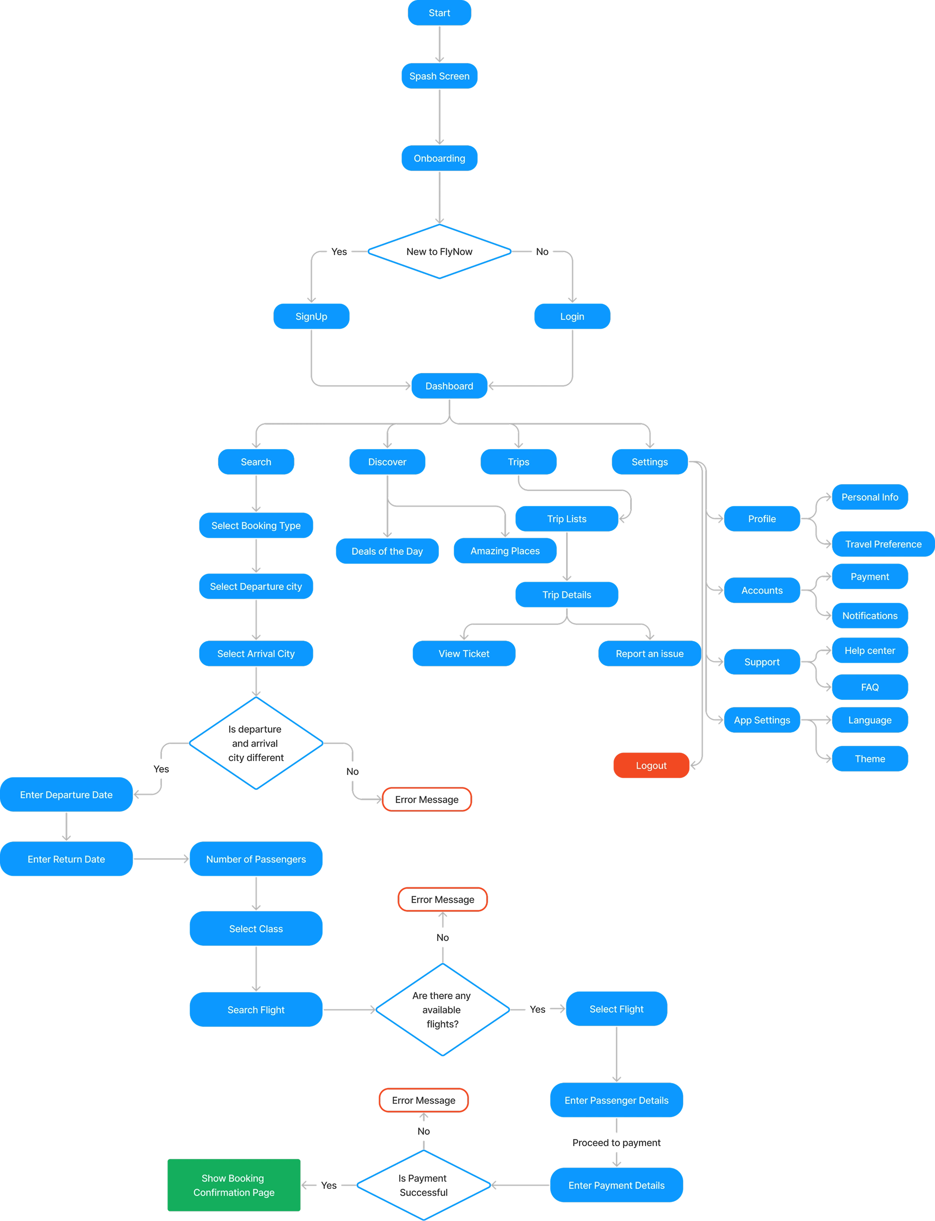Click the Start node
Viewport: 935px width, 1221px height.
coord(439,13)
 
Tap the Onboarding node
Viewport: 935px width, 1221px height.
coord(439,158)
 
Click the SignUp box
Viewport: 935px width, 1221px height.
coord(311,316)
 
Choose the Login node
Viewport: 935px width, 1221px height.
coord(572,316)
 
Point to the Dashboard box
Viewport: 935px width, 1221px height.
coord(449,386)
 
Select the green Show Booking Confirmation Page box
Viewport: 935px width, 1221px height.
coord(234,1185)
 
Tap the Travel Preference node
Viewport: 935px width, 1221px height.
coord(883,544)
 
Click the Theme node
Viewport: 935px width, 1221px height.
coord(869,759)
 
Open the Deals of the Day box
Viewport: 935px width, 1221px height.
coord(387,551)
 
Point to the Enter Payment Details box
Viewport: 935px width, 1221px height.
coord(616,1185)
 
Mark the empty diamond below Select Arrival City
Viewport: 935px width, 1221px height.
coord(256,743)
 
